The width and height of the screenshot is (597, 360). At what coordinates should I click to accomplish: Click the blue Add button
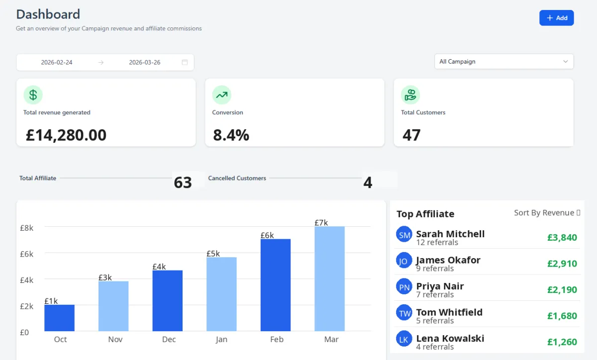[556, 18]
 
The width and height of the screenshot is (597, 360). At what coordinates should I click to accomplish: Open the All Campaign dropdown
[503, 62]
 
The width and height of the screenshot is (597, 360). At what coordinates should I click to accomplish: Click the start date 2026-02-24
[57, 63]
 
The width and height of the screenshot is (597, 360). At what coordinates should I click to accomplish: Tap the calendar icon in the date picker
[185, 63]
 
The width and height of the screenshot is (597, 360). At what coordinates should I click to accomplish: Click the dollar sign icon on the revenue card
[33, 94]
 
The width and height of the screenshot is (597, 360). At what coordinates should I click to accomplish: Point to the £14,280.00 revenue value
[66, 135]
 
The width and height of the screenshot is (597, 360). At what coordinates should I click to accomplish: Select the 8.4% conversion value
[231, 135]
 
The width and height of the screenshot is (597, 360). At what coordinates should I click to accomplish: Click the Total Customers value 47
[411, 135]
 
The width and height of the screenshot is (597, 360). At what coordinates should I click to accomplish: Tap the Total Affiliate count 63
[183, 182]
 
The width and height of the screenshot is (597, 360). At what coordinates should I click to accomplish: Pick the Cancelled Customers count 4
[368, 182]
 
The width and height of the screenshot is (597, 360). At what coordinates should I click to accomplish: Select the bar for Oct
[59, 318]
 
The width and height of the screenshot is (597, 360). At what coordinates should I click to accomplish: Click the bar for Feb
[276, 285]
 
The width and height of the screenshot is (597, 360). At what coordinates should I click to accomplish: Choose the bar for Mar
[329, 278]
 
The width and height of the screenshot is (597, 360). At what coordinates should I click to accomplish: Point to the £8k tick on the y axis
[27, 228]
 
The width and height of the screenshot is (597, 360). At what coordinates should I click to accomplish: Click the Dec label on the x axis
[169, 339]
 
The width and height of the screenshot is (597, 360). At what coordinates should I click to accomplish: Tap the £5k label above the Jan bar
[213, 254]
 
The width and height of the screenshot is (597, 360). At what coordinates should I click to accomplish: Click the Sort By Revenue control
[547, 213]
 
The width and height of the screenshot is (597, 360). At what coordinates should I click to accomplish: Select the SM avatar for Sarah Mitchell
[404, 234]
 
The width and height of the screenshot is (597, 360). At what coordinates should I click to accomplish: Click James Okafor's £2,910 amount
[562, 264]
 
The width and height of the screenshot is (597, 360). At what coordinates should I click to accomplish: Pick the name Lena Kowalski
[450, 338]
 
